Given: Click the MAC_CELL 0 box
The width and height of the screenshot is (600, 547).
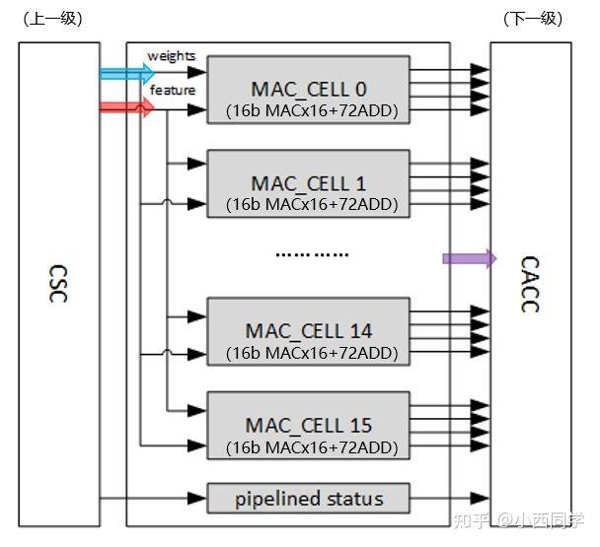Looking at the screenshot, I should pyautogui.click(x=307, y=89).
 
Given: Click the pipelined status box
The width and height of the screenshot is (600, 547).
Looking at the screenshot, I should pyautogui.click(x=307, y=498).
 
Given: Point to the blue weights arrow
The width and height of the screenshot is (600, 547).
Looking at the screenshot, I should pyautogui.click(x=126, y=73).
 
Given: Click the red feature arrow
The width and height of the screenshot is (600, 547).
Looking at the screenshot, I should pyautogui.click(x=126, y=107).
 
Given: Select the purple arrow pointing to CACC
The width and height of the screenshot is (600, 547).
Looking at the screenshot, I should pyautogui.click(x=469, y=258).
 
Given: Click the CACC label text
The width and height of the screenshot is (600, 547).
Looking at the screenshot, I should pyautogui.click(x=529, y=284).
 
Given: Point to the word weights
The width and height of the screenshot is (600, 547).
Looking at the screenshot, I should pyautogui.click(x=171, y=56).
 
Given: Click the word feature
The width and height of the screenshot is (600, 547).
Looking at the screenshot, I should pyautogui.click(x=172, y=91).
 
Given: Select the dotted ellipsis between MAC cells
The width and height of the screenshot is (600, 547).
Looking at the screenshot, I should pyautogui.click(x=311, y=254).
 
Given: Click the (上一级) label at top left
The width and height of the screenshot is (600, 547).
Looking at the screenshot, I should pyautogui.click(x=52, y=19).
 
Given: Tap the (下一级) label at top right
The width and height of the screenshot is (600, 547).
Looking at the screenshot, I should pyautogui.click(x=533, y=19).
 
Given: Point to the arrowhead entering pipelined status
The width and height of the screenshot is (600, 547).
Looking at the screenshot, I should pyautogui.click(x=198, y=498).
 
